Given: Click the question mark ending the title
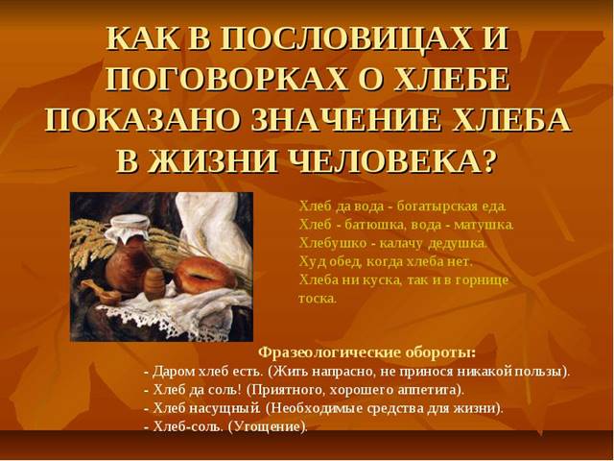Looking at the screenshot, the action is coord(487,159).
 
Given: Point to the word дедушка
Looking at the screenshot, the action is coord(457,244).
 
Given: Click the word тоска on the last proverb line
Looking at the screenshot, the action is coord(318,299).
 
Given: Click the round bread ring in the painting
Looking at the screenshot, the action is coord(204,276).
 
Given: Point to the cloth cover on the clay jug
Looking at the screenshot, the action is coord(130,230).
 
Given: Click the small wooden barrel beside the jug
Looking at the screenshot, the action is coord(155,283).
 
